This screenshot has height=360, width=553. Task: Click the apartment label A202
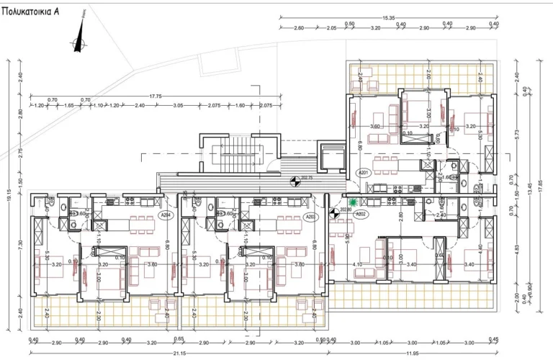pyautogui.click(x=361, y=213)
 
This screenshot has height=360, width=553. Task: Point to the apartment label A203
pyautogui.click(x=311, y=215)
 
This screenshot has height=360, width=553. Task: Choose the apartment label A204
pyautogui.click(x=166, y=215)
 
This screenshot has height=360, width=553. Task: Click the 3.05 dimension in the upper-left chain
pyautogui.click(x=178, y=106)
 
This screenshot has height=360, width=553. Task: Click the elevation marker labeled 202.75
pyautogui.click(x=294, y=182)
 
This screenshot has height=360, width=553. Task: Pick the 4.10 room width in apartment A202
pyautogui.click(x=358, y=264)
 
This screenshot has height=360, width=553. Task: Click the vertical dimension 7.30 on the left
pyautogui.click(x=22, y=245)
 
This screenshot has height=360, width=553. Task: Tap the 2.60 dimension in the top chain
pyautogui.click(x=299, y=28)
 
